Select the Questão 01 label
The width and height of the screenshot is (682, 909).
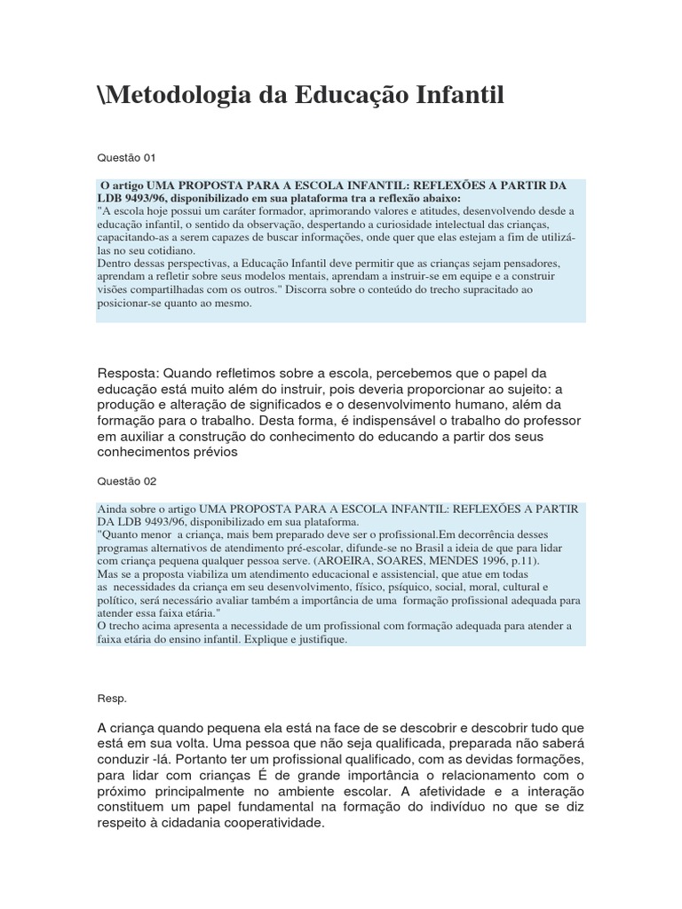125,158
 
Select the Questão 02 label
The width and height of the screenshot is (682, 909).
125,480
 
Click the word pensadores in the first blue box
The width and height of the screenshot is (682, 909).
530,265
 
